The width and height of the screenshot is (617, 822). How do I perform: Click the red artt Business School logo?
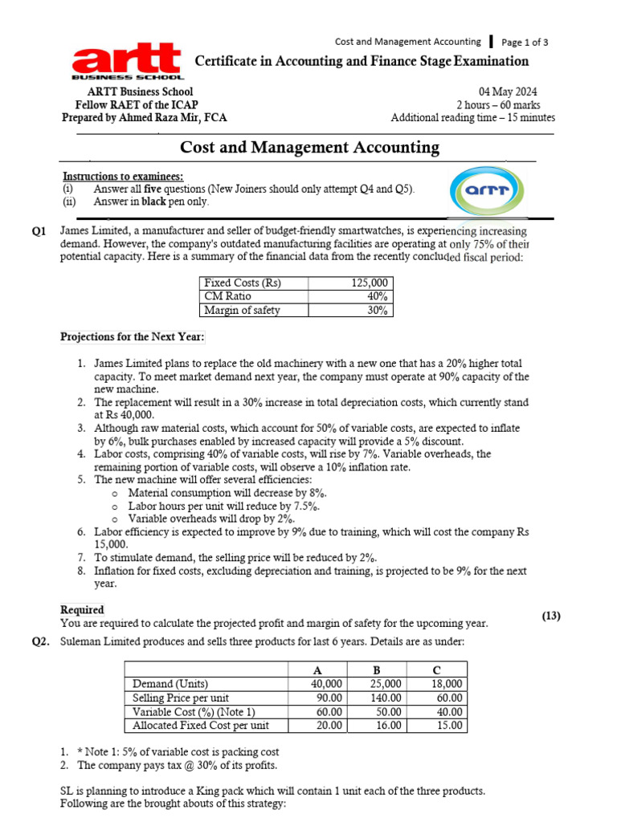pos(127,62)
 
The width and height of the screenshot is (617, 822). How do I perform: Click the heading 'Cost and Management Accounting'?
pos(309,147)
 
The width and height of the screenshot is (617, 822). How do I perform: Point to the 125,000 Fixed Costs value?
pos(370,283)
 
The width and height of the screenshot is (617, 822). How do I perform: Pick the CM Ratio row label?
pos(227,296)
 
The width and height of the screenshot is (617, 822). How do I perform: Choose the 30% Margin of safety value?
pos(378,310)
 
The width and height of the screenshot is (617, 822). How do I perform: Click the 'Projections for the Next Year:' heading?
pos(133,336)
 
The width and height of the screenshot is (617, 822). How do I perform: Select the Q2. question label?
pos(41,642)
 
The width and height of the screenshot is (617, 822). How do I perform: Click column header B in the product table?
pos(376,670)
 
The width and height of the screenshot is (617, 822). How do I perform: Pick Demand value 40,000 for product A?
pos(326,684)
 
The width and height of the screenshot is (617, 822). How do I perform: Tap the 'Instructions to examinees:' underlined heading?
pos(123,176)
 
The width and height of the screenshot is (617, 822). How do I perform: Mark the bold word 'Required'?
pos(82,610)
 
